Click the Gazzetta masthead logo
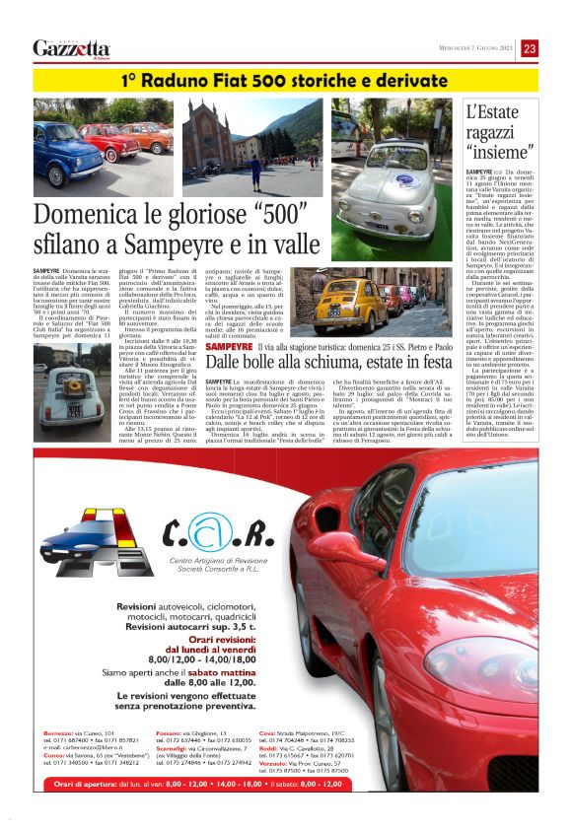(x=72, y=48)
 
